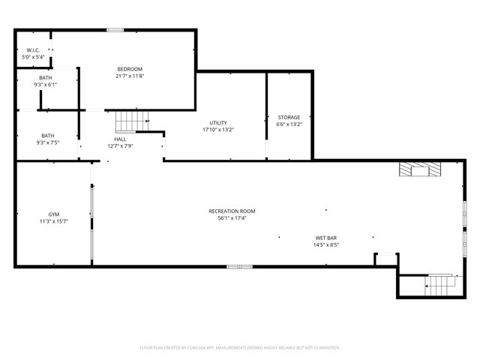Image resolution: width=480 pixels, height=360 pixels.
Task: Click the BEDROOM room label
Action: [x=129, y=69]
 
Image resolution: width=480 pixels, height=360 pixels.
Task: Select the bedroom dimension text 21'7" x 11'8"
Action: [x=129, y=76]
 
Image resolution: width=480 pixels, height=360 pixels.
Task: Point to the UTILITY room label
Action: [x=218, y=123]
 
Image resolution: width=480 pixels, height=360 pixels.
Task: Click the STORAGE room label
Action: [x=289, y=117]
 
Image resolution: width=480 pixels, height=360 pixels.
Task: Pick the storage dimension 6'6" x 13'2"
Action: [x=289, y=124]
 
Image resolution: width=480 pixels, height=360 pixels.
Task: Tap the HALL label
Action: [x=120, y=139]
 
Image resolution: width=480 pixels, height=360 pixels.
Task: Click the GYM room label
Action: [x=54, y=214]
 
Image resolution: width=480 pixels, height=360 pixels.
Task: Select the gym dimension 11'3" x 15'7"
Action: [x=54, y=221]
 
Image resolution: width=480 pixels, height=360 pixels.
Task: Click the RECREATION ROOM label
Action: [x=232, y=211]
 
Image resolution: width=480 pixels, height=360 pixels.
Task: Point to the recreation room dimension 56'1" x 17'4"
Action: [x=232, y=218]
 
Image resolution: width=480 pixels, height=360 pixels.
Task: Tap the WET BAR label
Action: [x=325, y=238]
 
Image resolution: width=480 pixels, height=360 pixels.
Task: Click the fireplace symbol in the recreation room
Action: [x=420, y=170]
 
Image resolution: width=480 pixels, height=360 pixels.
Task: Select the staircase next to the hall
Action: [x=130, y=121]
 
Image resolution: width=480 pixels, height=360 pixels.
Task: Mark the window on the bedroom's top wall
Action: [x=115, y=30]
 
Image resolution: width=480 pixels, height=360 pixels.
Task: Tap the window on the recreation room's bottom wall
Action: [x=238, y=266]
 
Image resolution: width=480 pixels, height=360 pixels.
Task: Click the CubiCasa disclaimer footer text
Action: [x=240, y=347]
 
